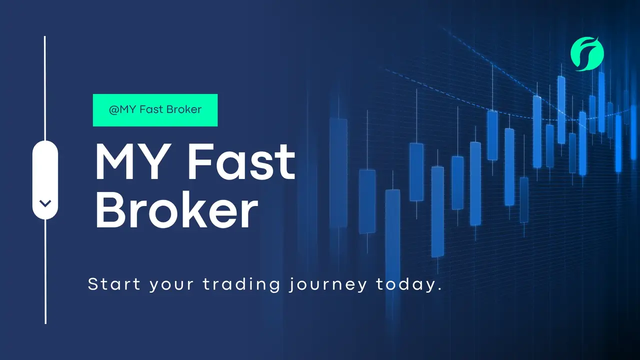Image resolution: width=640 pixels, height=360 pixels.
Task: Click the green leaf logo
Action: pyautogui.click(x=587, y=53)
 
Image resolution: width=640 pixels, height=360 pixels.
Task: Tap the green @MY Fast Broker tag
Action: pyautogui.click(x=155, y=110)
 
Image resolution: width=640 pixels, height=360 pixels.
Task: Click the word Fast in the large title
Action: pyautogui.click(x=241, y=161)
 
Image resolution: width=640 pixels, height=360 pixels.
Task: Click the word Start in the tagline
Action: pyautogui.click(x=114, y=284)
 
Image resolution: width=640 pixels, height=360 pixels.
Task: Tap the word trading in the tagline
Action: pyautogui.click(x=241, y=284)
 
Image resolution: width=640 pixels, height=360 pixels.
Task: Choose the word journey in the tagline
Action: pyautogui.click(x=327, y=284)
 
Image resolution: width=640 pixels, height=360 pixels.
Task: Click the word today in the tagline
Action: pyautogui.click(x=405, y=284)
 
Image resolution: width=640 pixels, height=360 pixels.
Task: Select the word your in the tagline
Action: pyautogui.click(x=171, y=285)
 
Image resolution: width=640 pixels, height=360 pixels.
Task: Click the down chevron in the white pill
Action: pyautogui.click(x=45, y=203)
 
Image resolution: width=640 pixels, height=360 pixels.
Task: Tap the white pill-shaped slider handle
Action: pyautogui.click(x=45, y=180)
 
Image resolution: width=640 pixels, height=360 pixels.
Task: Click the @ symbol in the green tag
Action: pyautogui.click(x=114, y=109)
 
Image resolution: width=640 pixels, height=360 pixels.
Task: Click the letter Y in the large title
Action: pyautogui.click(x=156, y=161)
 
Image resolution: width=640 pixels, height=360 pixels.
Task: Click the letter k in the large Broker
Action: pyautogui.click(x=197, y=209)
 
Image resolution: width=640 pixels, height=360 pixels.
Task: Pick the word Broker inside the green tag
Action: pyautogui.click(x=184, y=109)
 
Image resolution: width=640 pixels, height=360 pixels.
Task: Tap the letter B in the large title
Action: pyautogui.click(x=108, y=209)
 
